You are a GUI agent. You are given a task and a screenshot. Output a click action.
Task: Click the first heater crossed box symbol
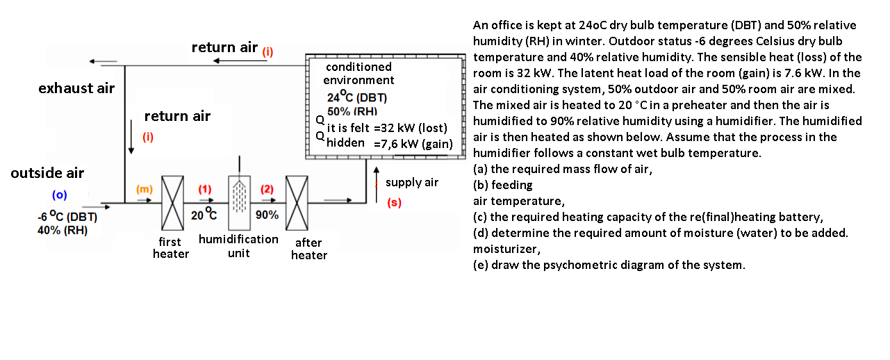[x=172, y=203]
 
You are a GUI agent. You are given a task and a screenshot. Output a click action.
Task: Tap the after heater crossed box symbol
[x=297, y=203]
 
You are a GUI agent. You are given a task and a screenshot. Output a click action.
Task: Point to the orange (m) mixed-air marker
[x=144, y=189]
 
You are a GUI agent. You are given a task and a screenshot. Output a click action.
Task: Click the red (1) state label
[x=204, y=189]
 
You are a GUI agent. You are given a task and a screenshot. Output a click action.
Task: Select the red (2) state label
[x=267, y=189]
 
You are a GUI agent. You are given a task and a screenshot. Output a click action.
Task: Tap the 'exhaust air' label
[x=76, y=88]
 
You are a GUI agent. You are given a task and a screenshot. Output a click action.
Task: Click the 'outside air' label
[x=47, y=173]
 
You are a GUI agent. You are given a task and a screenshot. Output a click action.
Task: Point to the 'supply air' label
[x=412, y=182]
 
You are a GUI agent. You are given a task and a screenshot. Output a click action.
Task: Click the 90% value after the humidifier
[x=267, y=215]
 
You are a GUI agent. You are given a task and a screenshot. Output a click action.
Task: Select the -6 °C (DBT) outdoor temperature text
[x=67, y=217]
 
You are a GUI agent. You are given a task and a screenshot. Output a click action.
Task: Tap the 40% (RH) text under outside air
[x=62, y=230]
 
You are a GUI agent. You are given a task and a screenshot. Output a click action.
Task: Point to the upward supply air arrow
[x=376, y=176]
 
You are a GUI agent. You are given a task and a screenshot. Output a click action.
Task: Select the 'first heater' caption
[x=171, y=248]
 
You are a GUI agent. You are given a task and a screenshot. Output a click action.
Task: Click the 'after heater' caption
[x=308, y=249]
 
